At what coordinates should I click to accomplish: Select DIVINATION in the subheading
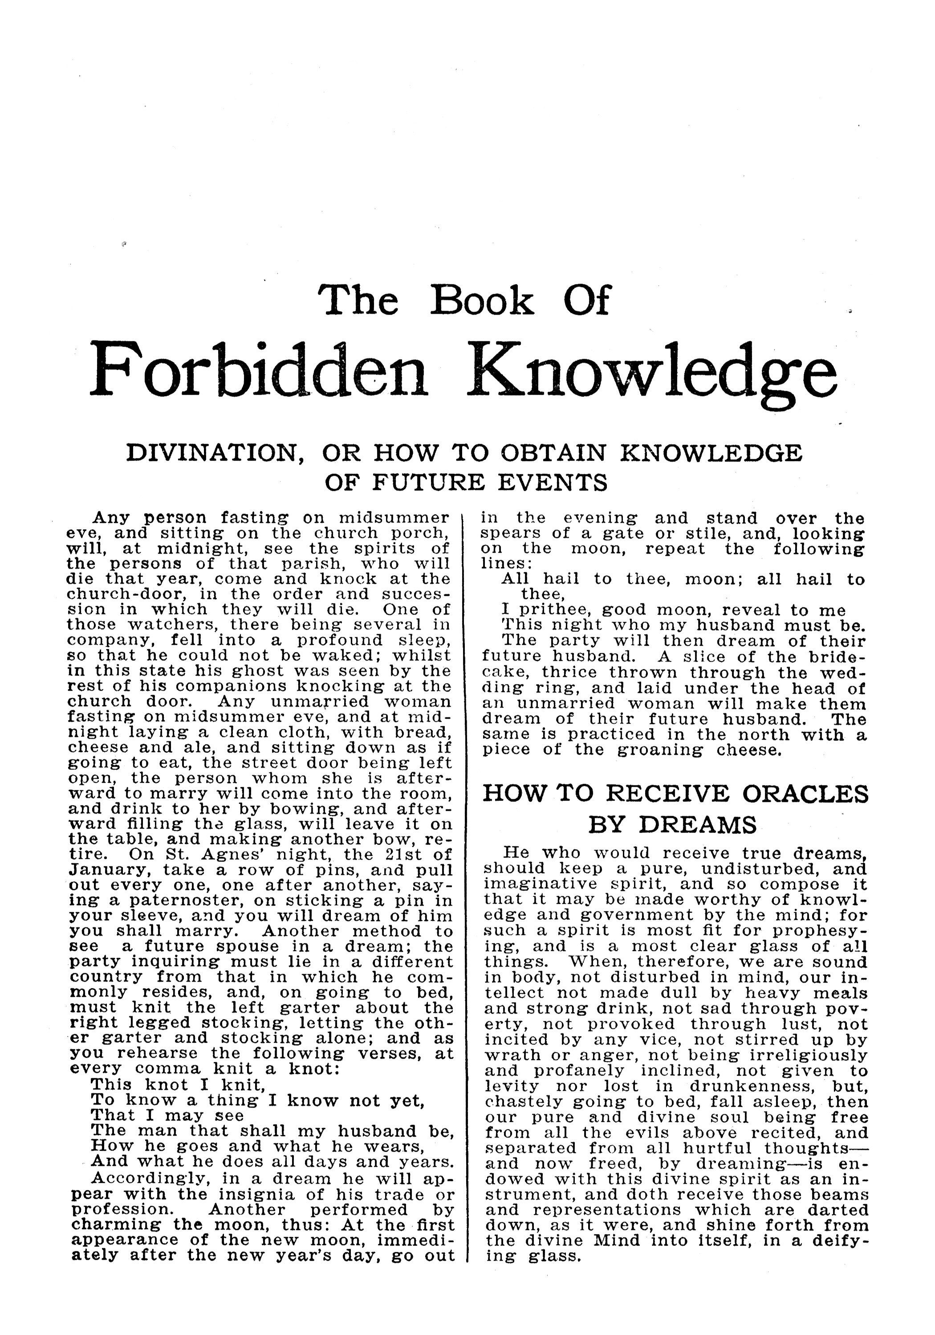coord(216,453)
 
